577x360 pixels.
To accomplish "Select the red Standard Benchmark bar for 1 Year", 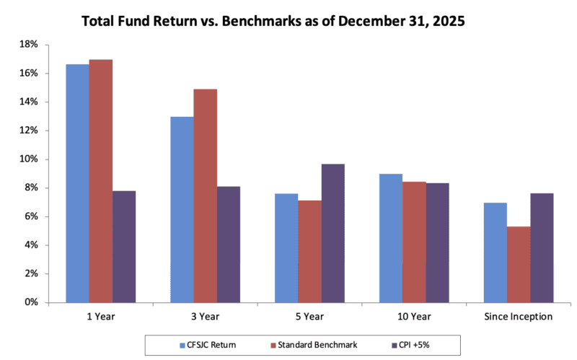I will (101, 180).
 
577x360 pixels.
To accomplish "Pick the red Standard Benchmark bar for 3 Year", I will (206, 196).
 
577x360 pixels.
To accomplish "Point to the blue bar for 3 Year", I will (182, 209).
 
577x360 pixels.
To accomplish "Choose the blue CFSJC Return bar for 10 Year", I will (391, 238).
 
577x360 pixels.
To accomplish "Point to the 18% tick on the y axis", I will (29, 45).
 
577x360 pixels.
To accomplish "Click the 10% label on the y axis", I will (29, 159).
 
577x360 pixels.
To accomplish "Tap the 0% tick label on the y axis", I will (31, 302).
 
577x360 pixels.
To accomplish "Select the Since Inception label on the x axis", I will (519, 317).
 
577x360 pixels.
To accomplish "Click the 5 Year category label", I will (309, 317).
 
